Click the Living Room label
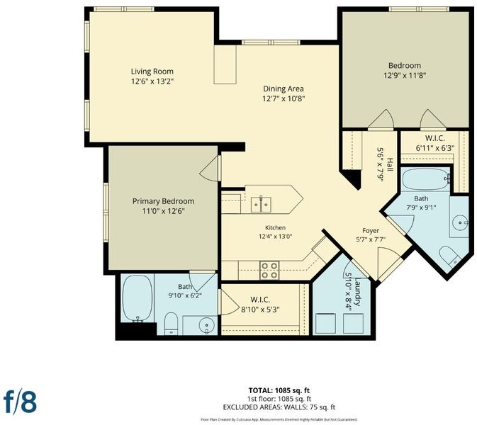152,72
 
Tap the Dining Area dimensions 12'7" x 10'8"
284,98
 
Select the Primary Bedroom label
163,201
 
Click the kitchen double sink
261,204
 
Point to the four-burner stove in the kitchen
269,271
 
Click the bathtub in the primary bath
138,298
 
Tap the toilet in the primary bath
171,323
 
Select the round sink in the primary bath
207,326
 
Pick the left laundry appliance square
325,324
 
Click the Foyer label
371,231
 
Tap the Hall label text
390,164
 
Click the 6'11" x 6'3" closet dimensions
435,148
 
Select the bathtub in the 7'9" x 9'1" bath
426,180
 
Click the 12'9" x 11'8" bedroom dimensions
405,75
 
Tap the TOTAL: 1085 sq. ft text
279,390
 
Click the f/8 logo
20,402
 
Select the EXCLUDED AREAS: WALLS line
279,407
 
